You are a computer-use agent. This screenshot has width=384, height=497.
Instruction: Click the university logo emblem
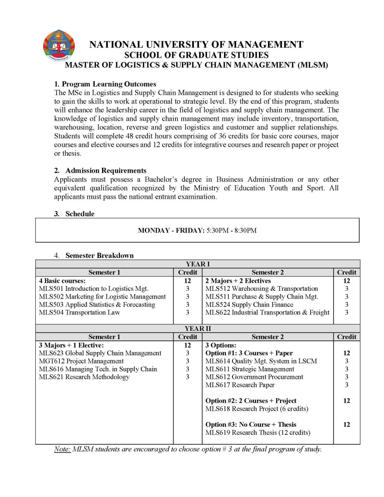click(59, 46)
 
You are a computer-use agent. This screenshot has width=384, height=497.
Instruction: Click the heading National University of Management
click(196, 45)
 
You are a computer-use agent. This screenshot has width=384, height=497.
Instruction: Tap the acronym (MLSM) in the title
click(313, 65)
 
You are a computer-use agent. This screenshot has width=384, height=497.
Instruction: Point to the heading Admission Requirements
click(106, 170)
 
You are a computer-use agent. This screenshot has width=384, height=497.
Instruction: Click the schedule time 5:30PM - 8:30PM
click(231, 230)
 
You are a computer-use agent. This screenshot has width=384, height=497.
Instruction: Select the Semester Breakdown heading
click(99, 255)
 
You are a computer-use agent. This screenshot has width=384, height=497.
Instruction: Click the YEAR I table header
click(198, 264)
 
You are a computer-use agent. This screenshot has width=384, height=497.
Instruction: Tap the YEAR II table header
click(198, 328)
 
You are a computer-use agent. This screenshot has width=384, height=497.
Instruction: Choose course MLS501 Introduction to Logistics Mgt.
click(94, 288)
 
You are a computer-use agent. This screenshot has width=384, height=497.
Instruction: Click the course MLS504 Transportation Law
click(80, 313)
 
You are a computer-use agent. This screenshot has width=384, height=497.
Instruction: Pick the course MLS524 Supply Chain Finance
click(249, 305)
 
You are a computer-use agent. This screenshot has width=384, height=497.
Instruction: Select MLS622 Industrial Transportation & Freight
click(267, 313)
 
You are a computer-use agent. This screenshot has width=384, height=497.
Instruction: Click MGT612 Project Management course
click(81, 361)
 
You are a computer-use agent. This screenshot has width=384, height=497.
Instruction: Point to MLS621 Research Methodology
click(84, 377)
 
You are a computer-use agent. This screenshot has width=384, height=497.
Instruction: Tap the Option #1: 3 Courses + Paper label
click(249, 353)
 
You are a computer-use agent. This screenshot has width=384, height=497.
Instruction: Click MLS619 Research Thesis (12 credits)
click(258, 433)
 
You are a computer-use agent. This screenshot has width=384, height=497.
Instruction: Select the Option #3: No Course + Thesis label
click(250, 425)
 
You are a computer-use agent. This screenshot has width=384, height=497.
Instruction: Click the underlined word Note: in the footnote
click(62, 449)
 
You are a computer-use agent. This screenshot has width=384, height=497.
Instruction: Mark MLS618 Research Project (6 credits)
click(257, 409)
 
